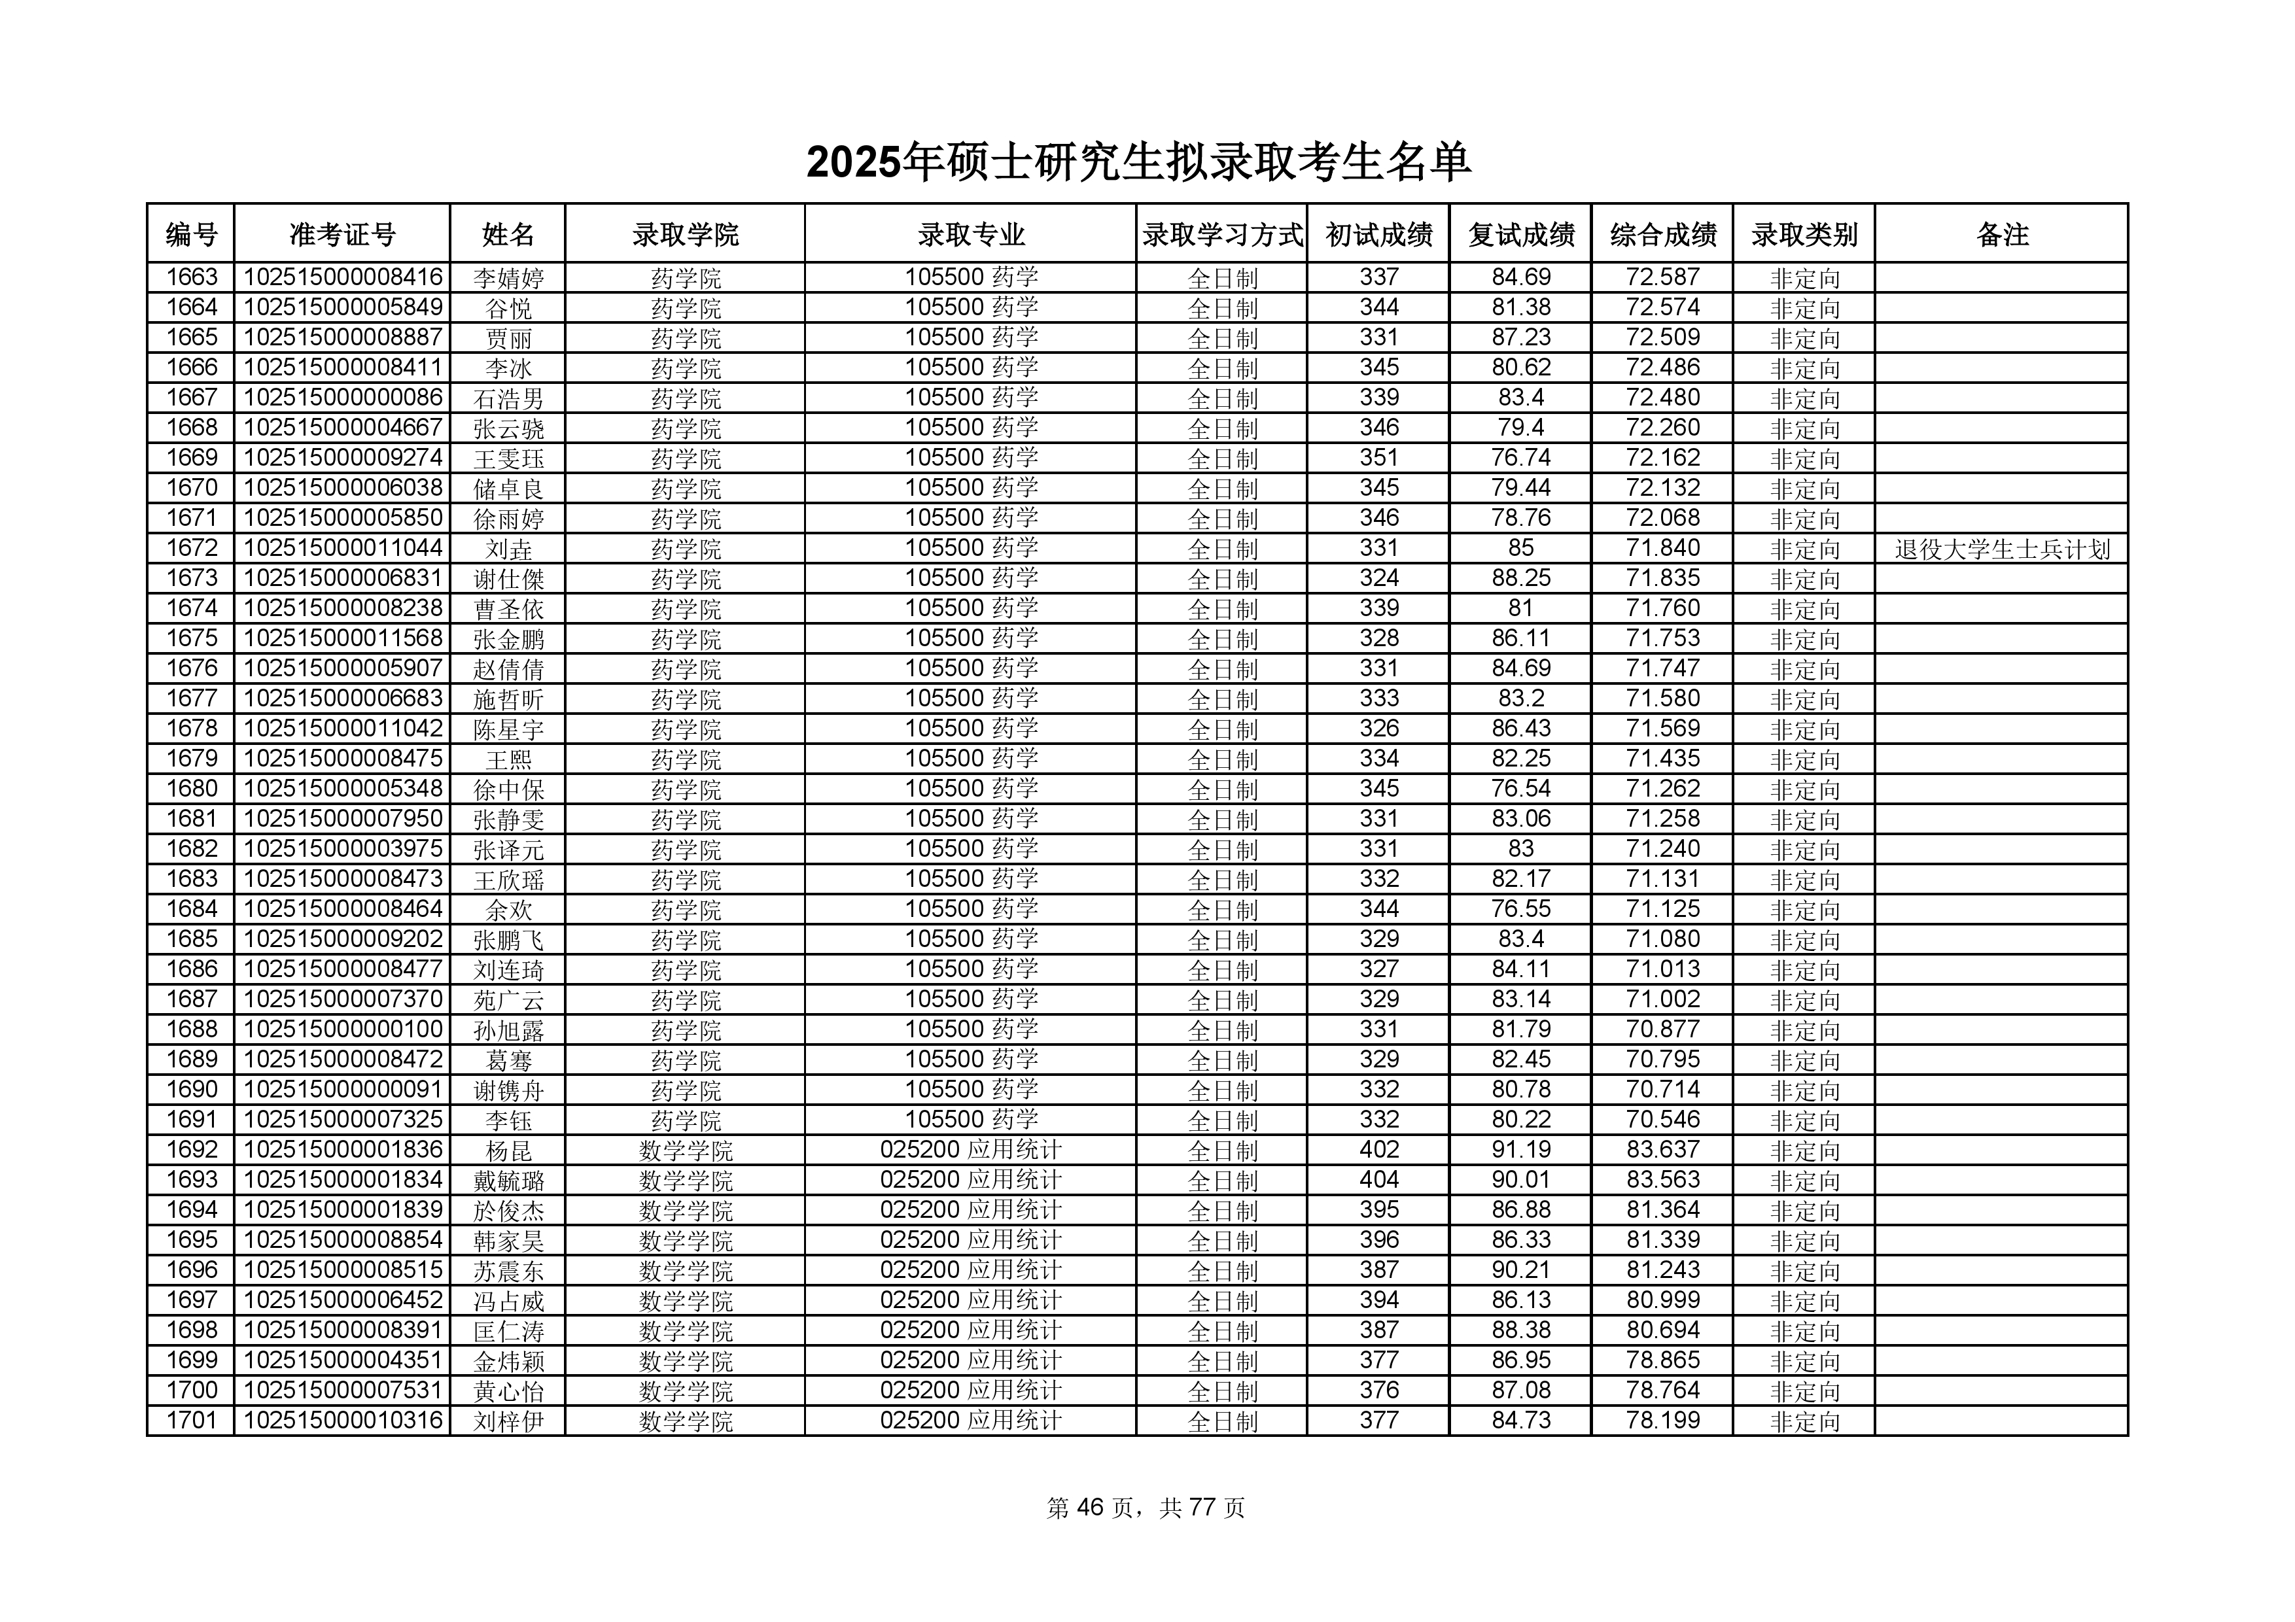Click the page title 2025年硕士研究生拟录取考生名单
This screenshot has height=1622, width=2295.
pyautogui.click(x=1138, y=163)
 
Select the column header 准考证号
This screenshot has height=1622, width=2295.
pyautogui.click(x=342, y=235)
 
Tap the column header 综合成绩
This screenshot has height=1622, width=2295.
pyautogui.click(x=1662, y=235)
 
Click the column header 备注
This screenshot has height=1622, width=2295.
pyautogui.click(x=2001, y=235)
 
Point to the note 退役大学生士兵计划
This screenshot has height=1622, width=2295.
pyautogui.click(x=2001, y=549)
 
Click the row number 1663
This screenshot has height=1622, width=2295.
pyautogui.click(x=191, y=278)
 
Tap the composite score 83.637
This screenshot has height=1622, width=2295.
pyautogui.click(x=1662, y=1150)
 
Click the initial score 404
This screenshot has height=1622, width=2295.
pyautogui.click(x=1378, y=1181)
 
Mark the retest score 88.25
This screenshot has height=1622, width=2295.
pyautogui.click(x=1520, y=579)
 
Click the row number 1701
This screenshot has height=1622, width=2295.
pyautogui.click(x=191, y=1420)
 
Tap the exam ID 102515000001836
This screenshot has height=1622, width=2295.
pyautogui.click(x=342, y=1150)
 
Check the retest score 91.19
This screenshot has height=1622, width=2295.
pyautogui.click(x=1520, y=1150)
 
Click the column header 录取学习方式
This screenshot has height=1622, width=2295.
pyautogui.click(x=1221, y=235)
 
